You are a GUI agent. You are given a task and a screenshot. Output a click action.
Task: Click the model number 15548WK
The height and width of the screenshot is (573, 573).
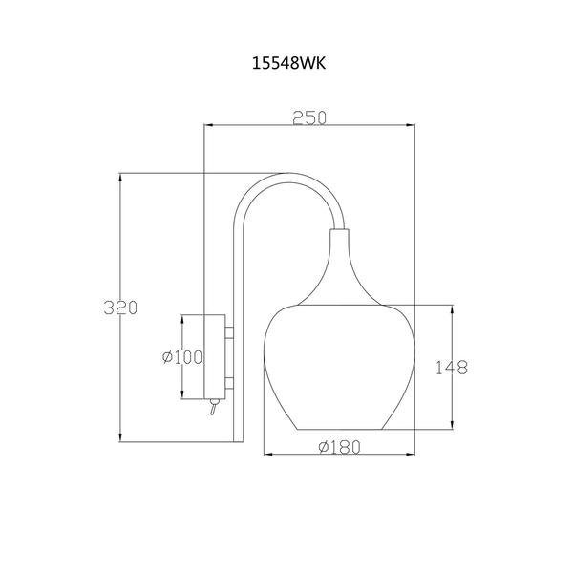pyautogui.click(x=288, y=64)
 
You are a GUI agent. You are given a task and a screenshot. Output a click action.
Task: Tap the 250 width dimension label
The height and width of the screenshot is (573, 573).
pyautogui.click(x=309, y=118)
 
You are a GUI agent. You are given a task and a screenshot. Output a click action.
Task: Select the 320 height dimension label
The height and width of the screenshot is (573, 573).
pyautogui.click(x=120, y=308)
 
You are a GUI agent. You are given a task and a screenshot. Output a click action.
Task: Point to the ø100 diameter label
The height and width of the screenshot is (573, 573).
pyautogui.click(x=182, y=357)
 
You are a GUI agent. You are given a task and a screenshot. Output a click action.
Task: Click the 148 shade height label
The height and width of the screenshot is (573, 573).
pyautogui.click(x=452, y=368)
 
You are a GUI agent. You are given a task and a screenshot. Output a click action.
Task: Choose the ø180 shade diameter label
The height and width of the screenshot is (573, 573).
pyautogui.click(x=339, y=447)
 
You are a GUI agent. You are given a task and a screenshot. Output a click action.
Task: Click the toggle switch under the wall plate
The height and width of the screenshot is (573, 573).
pyautogui.click(x=213, y=407)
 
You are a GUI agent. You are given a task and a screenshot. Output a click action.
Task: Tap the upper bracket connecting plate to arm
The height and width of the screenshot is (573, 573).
pyautogui.click(x=229, y=332)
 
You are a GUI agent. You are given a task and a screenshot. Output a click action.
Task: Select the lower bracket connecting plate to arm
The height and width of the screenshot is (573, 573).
pyautogui.click(x=229, y=383)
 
